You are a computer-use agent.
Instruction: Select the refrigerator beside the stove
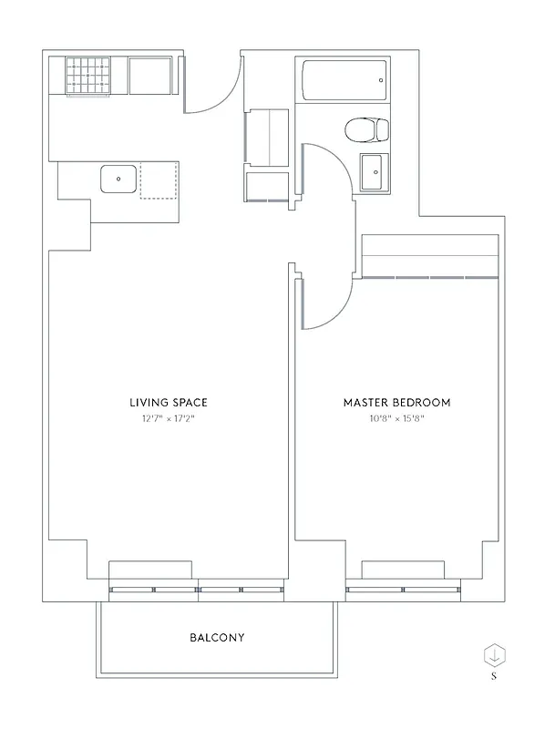tap(150, 76)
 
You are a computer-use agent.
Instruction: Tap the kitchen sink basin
tap(118, 179)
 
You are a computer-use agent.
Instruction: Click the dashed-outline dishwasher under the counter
tap(159, 180)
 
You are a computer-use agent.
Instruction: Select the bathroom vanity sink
tap(372, 172)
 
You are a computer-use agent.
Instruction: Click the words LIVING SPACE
tap(169, 402)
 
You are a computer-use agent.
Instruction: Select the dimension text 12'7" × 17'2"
tap(169, 419)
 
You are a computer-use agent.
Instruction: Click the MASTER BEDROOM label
tap(396, 402)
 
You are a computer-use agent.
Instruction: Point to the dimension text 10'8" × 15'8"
tap(396, 419)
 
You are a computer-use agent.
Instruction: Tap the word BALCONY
tap(217, 638)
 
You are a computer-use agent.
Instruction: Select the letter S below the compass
tap(494, 676)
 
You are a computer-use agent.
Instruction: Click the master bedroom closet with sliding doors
tap(430, 257)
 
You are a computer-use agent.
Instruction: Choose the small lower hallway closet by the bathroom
tap(268, 186)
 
